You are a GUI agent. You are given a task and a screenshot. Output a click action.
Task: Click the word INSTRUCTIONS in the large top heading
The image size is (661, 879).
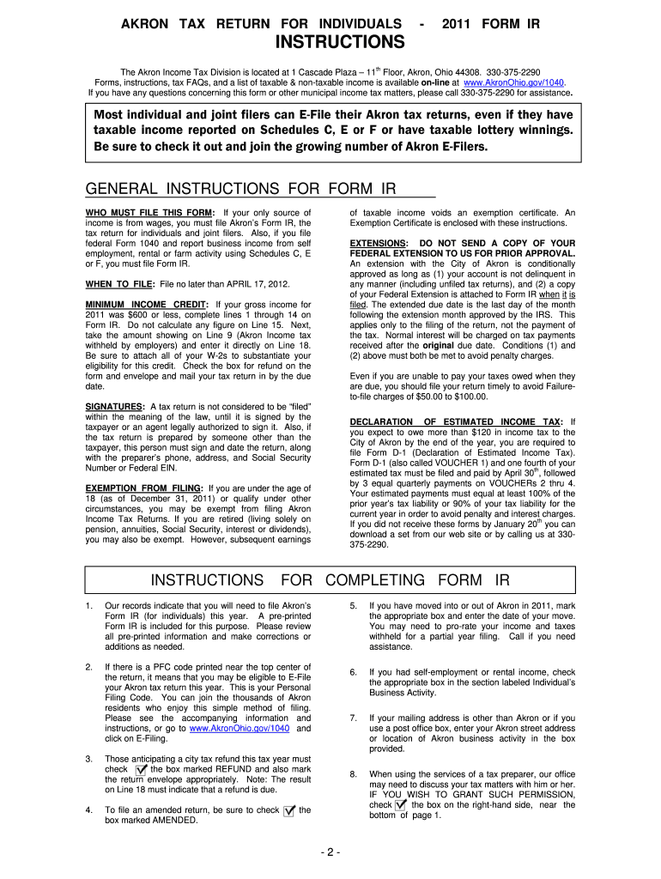click(x=339, y=42)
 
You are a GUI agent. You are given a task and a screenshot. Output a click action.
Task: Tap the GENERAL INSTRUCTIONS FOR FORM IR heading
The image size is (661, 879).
click(x=243, y=189)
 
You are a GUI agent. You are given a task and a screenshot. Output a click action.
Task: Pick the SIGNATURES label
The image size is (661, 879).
click(x=114, y=406)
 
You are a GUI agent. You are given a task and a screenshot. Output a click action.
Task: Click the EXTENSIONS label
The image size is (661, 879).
click(x=379, y=244)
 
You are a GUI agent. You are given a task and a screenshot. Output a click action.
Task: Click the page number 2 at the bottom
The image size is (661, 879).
click(x=330, y=852)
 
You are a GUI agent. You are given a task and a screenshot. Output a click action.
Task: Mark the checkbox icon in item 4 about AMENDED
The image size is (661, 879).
click(x=288, y=810)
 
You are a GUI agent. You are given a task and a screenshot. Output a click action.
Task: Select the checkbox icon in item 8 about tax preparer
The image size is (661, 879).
click(x=401, y=805)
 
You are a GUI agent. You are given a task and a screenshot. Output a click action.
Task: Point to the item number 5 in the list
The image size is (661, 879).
click(x=354, y=606)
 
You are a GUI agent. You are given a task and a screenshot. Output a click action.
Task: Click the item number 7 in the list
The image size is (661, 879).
click(x=354, y=718)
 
